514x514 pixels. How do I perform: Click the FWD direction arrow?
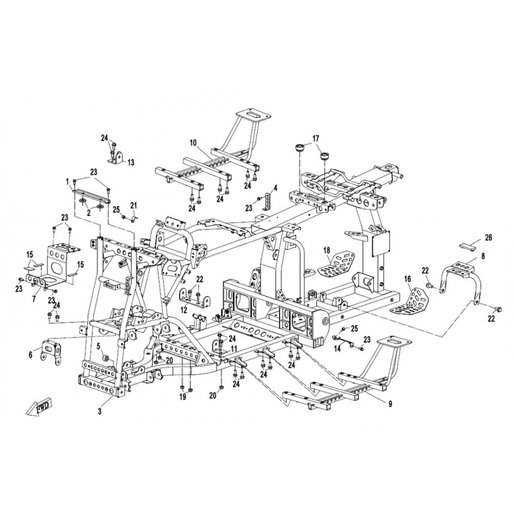click(x=39, y=407)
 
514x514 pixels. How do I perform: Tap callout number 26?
click(x=488, y=237)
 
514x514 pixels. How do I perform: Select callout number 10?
click(x=193, y=143)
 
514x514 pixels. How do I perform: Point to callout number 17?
click(x=315, y=138)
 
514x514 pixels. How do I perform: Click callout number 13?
click(x=131, y=163)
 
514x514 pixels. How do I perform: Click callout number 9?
click(x=390, y=404)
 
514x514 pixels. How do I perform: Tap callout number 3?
click(x=100, y=411)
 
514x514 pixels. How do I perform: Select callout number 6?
click(x=30, y=355)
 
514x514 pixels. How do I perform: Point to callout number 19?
click(x=182, y=397)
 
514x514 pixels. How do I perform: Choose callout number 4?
click(x=276, y=188)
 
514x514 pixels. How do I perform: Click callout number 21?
click(x=134, y=206)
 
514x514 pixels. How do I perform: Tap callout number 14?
click(x=337, y=350)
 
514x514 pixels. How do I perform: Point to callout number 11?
click(x=234, y=348)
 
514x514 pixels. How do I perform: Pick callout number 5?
click(x=98, y=345)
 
